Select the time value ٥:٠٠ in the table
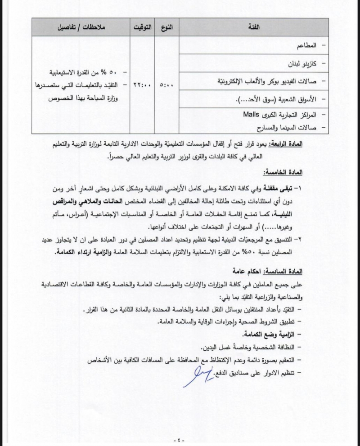[x=167, y=84]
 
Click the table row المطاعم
[x=305, y=46]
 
